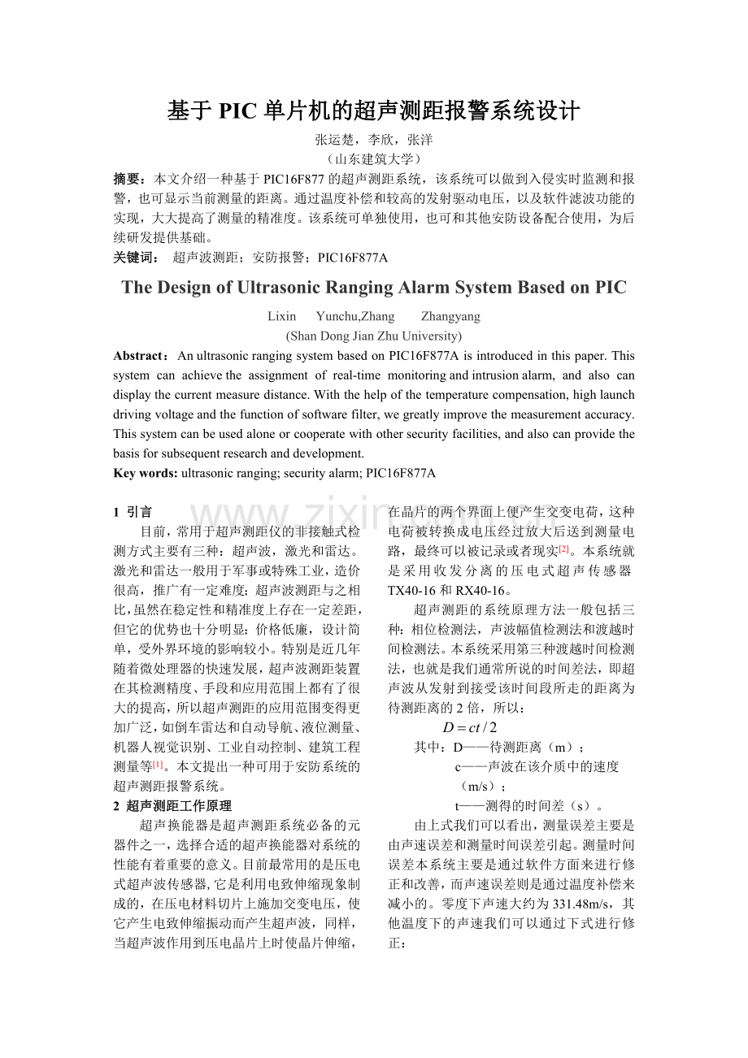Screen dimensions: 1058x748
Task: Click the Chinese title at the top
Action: pos(373,110)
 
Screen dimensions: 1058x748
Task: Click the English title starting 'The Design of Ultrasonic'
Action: pos(373,288)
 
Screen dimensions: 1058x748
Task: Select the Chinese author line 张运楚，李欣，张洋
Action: pos(374,140)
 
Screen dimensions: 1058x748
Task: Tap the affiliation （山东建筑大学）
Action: pos(374,159)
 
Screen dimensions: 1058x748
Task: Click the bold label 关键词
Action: pos(134,258)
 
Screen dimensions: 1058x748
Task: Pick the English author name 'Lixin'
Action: pos(281,317)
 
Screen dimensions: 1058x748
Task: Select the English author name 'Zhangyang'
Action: pos(450,317)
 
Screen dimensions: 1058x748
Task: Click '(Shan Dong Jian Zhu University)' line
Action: pos(374,336)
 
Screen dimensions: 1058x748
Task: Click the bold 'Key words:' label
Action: pos(146,473)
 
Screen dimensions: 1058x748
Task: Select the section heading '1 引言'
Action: pos(133,512)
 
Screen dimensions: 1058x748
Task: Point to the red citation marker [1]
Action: pos(158,765)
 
